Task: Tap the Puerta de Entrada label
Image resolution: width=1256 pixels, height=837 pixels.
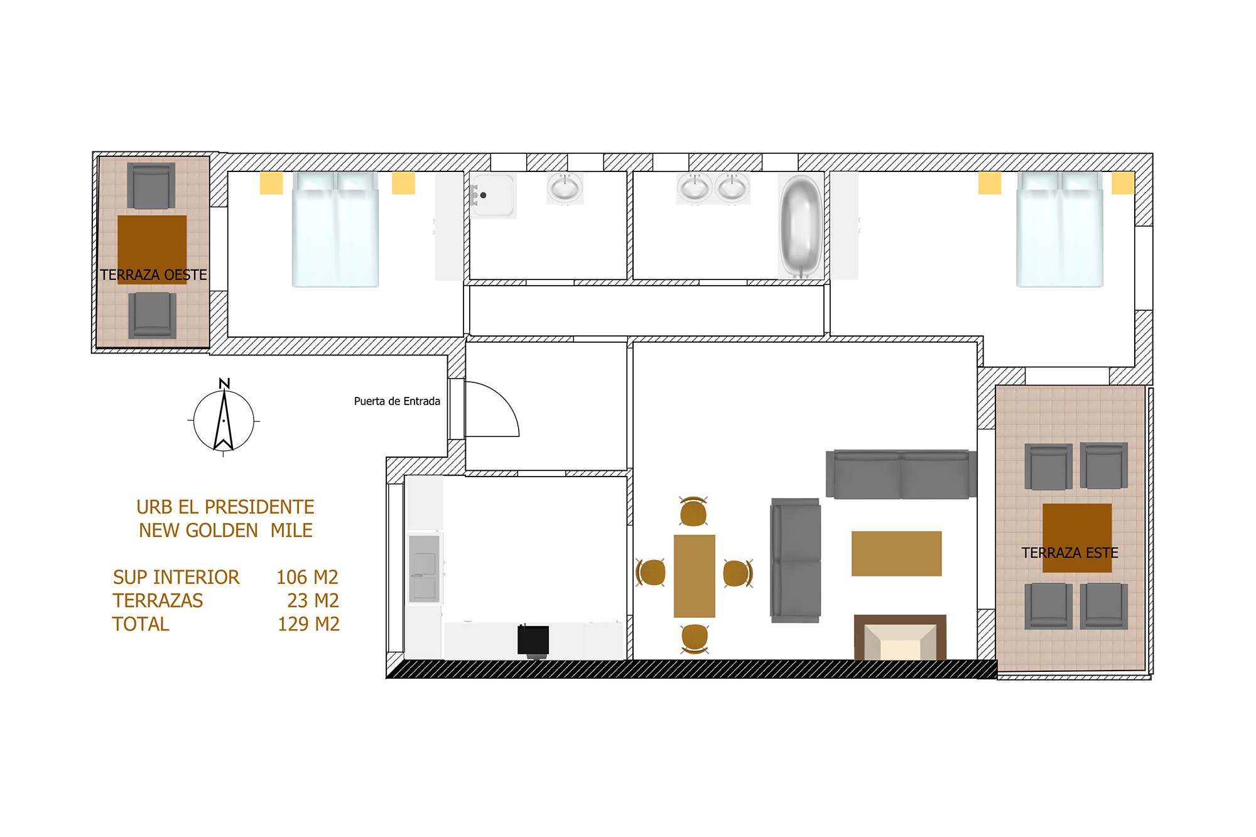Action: (x=397, y=401)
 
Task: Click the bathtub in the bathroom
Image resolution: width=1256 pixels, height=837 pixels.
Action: (x=801, y=226)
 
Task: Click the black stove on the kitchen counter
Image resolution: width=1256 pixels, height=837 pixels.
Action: (x=533, y=641)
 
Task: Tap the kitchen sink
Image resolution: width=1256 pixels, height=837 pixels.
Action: (x=425, y=568)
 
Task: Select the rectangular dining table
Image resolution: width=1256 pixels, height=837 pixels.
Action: (x=694, y=576)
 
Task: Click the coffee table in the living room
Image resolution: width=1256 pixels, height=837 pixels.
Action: (x=896, y=553)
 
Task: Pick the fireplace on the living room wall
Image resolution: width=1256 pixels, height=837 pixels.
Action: (x=900, y=637)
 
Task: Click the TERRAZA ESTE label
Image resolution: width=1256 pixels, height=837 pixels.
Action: (x=1069, y=553)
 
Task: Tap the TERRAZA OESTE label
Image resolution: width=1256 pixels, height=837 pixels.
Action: (x=153, y=275)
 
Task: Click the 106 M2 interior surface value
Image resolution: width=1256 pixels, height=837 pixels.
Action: (x=307, y=577)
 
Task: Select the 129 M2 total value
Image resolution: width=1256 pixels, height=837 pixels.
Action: (x=308, y=624)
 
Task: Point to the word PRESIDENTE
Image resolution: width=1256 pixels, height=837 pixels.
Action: (x=259, y=507)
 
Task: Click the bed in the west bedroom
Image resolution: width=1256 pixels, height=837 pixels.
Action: (x=335, y=229)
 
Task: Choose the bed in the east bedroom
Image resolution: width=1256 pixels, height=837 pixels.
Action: (x=1060, y=229)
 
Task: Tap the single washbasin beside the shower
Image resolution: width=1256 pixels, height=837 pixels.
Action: (x=565, y=188)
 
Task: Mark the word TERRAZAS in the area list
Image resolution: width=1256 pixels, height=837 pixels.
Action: (x=158, y=601)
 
